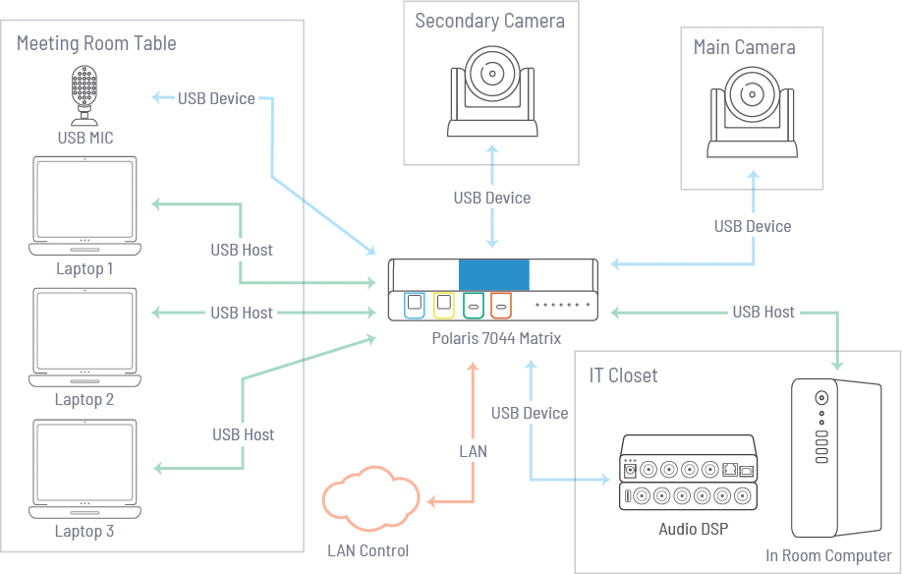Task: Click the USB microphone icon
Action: (x=85, y=94)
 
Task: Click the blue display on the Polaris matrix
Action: (x=493, y=274)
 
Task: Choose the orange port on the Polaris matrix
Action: (x=502, y=305)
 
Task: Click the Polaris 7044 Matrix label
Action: (x=496, y=339)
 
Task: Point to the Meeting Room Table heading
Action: (x=96, y=43)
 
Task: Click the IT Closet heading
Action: (x=623, y=375)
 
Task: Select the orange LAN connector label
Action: (x=473, y=451)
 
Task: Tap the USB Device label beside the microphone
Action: (x=216, y=98)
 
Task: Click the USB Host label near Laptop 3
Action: (x=243, y=434)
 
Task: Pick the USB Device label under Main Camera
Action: (x=753, y=226)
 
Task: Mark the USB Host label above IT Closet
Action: (x=763, y=313)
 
